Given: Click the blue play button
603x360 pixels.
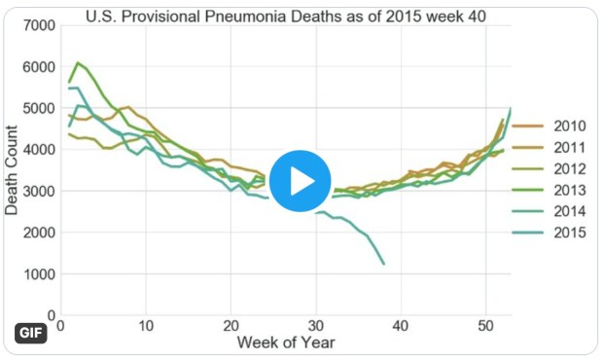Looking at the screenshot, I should click(300, 180).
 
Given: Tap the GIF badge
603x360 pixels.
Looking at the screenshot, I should click(32, 333).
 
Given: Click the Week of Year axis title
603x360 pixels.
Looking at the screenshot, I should click(277, 342).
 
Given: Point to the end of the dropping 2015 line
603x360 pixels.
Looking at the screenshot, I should click(384, 264).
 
